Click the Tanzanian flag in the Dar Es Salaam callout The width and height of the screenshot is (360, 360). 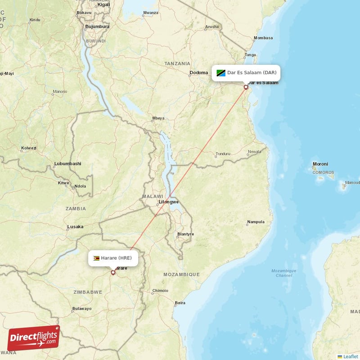click(x=220, y=72)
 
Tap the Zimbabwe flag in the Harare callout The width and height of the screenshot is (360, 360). click(x=96, y=258)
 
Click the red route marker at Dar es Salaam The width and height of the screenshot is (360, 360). click(x=246, y=87)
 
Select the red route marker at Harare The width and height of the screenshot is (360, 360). click(x=113, y=272)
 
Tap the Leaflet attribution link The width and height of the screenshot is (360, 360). click(x=348, y=356)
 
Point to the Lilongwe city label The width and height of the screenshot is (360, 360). click(x=169, y=202)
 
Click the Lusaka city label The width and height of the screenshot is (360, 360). click(x=75, y=227)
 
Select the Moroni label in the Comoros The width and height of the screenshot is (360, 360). click(x=320, y=164)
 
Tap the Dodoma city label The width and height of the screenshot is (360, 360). click(x=198, y=72)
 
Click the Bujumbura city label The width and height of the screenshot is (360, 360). click(x=97, y=27)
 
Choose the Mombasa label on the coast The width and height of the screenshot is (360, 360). click(x=263, y=38)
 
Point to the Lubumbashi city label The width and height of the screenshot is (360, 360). click(x=67, y=163)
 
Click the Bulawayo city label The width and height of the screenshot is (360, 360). click(x=81, y=309)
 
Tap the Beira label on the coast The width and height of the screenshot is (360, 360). click(x=180, y=303)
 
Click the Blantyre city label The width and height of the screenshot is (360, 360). click(x=185, y=234)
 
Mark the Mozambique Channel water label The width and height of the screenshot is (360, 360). click(x=284, y=273)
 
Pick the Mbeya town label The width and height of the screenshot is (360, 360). click(x=158, y=118)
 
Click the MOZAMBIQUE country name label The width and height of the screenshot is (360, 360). click(x=181, y=274)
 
